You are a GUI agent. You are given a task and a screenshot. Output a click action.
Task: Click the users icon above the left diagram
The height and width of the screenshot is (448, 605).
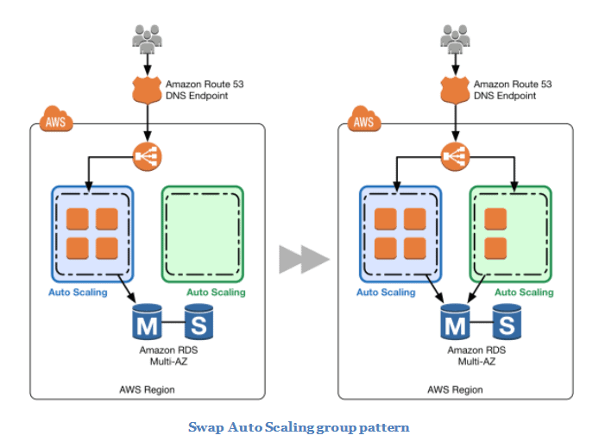[x=147, y=38]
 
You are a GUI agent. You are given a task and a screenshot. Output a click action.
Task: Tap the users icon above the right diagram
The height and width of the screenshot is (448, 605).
[x=455, y=38]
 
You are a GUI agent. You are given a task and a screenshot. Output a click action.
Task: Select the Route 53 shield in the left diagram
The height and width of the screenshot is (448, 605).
[x=147, y=89]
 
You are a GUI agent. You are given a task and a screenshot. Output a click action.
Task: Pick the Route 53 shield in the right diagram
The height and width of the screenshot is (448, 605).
[x=455, y=89]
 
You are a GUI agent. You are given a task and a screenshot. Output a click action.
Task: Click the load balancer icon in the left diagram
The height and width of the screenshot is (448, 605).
[x=147, y=155]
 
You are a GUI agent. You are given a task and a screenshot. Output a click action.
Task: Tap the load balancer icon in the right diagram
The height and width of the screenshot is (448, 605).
[x=455, y=155]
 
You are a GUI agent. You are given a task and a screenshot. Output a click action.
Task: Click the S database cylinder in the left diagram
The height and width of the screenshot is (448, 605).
[x=200, y=324]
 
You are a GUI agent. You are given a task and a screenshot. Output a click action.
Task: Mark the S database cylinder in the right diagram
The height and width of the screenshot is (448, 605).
[x=508, y=324]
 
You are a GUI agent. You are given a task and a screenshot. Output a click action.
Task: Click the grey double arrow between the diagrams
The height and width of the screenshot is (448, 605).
[x=304, y=259]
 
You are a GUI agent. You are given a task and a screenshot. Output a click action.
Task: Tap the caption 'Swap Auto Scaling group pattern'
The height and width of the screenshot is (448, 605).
[x=299, y=427]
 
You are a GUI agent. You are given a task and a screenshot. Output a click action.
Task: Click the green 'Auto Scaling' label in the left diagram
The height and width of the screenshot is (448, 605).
[x=216, y=293]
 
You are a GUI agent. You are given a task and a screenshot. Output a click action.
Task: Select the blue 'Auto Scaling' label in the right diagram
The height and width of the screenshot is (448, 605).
[x=386, y=293]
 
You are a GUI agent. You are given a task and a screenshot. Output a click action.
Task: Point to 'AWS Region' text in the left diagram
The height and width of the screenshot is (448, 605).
[x=147, y=390]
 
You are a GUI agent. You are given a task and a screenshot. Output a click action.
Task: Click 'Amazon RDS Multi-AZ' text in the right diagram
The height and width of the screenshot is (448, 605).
[x=471, y=356]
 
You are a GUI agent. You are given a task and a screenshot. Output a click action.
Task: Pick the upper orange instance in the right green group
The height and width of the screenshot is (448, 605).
[x=495, y=220]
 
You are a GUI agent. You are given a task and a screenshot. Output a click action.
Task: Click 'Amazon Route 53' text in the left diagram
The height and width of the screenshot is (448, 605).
[x=203, y=84]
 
